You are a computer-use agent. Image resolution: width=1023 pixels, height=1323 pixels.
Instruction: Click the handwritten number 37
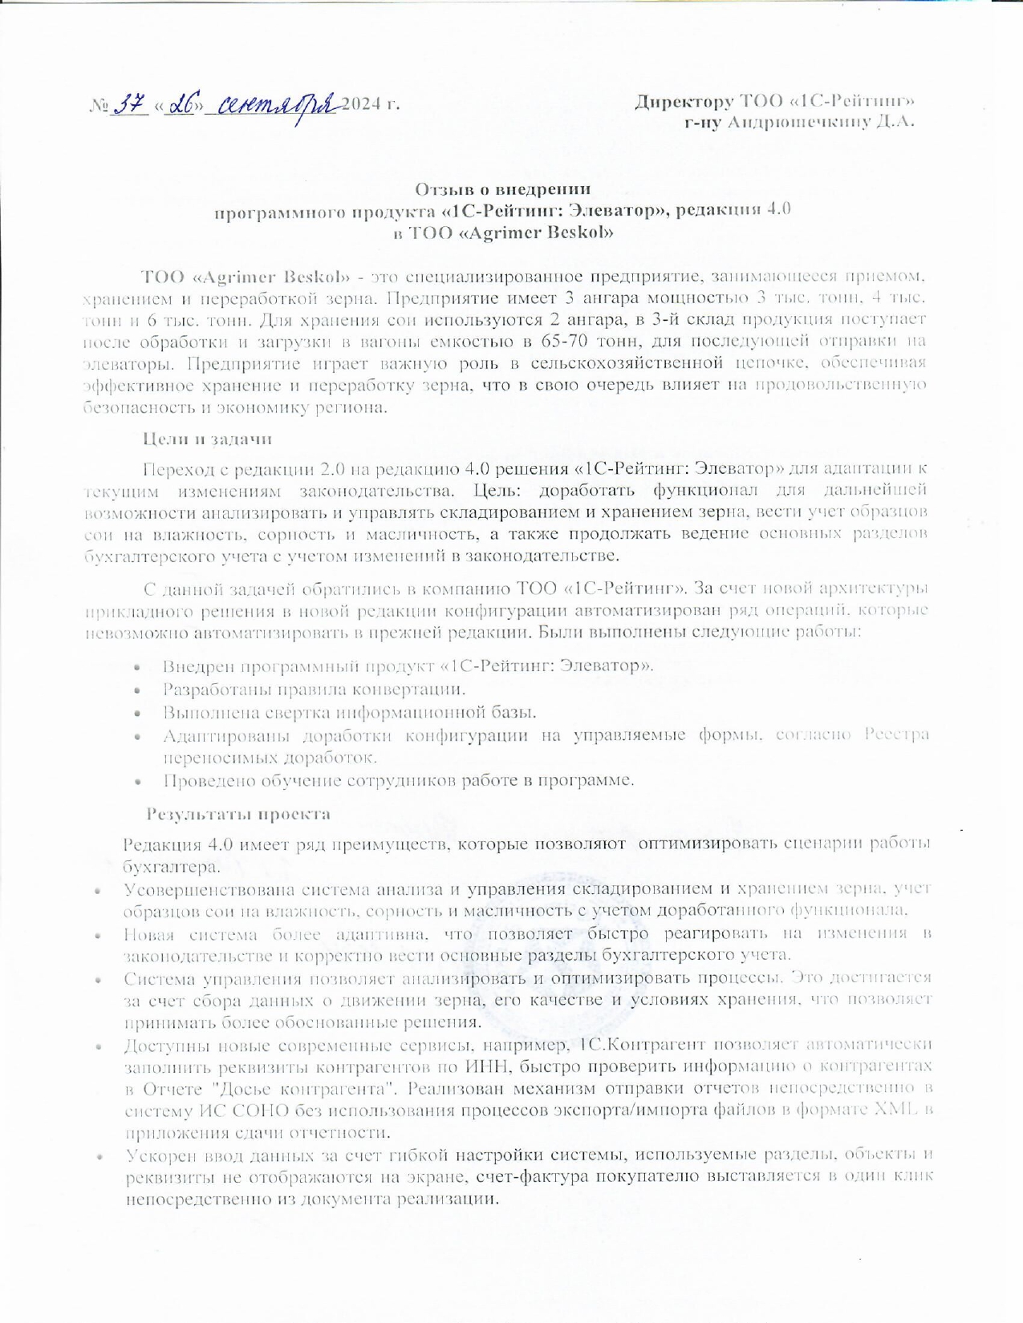click(x=130, y=105)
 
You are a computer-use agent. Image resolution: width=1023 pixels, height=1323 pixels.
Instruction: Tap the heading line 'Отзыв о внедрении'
click(x=503, y=189)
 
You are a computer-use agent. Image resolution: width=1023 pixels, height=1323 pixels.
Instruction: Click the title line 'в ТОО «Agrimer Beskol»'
click(x=503, y=233)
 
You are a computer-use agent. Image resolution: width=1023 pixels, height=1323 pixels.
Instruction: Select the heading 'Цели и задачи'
click(x=207, y=439)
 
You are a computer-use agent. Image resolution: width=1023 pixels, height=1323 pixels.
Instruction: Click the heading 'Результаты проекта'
click(x=238, y=814)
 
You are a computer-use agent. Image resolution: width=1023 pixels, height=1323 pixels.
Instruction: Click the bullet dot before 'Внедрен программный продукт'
click(x=138, y=667)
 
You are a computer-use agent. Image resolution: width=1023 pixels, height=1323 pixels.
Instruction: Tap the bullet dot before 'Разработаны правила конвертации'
click(x=138, y=690)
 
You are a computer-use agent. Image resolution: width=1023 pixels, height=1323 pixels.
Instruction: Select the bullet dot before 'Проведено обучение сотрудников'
click(x=138, y=781)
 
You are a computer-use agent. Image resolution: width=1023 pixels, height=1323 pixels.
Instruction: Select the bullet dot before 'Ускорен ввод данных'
click(x=99, y=1157)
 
